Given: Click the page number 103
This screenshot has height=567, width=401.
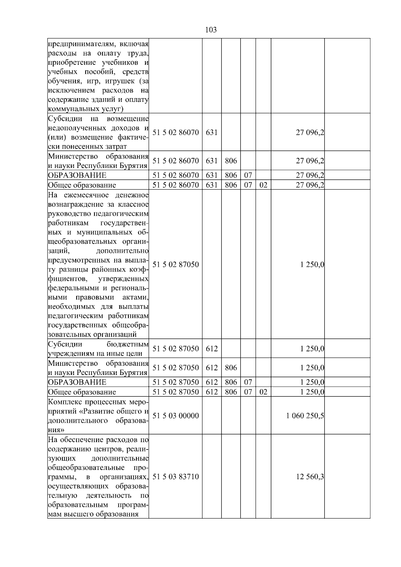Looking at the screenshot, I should click(211, 30).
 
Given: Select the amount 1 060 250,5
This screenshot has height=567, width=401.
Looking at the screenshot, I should click(305, 416).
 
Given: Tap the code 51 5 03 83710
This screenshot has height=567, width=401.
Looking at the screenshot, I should click(175, 477).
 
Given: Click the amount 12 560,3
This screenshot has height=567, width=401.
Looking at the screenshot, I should click(310, 477).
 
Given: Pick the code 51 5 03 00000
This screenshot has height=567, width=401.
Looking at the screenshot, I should click(175, 416).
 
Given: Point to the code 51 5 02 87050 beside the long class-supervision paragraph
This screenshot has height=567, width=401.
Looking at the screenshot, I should click(175, 264).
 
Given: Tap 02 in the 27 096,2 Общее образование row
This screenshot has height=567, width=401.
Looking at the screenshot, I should click(263, 185).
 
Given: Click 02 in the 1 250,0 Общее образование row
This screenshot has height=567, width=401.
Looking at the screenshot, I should click(263, 392).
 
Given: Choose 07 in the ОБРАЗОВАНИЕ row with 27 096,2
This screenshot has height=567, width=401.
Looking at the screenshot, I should click(248, 175).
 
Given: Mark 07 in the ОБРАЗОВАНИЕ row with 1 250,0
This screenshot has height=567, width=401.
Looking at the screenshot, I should click(248, 382).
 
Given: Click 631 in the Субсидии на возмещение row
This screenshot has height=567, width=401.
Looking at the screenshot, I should click(212, 132).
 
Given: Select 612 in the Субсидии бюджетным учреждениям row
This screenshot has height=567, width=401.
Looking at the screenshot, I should click(212, 349).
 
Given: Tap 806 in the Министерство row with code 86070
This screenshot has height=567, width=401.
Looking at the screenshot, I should click(231, 161).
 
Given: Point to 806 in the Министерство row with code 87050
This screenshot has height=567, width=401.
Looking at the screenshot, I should click(231, 368).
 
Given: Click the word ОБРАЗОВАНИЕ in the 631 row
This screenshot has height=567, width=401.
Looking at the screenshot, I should click(77, 175).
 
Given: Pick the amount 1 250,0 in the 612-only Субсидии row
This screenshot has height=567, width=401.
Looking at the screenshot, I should click(312, 349).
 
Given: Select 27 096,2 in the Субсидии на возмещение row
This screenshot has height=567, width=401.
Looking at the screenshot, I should click(310, 132).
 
